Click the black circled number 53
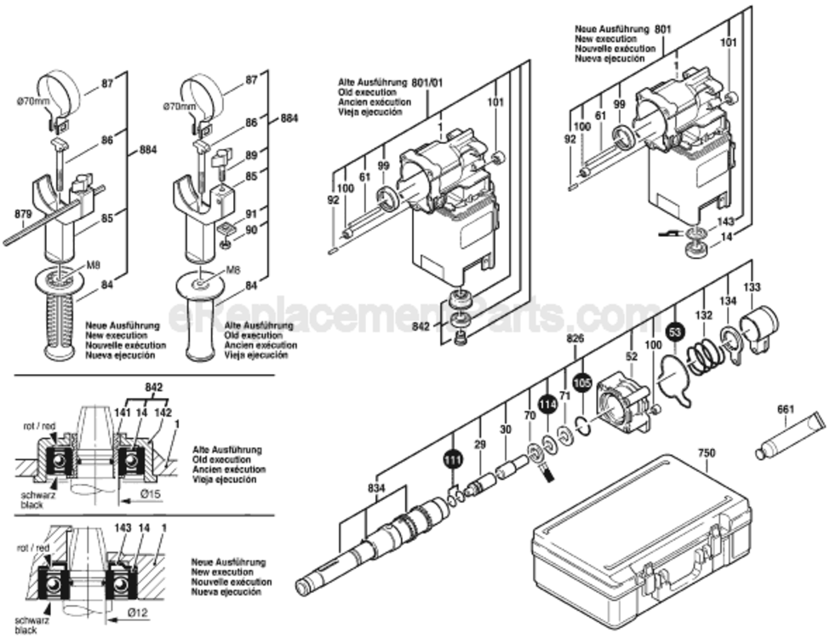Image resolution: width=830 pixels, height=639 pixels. click(x=674, y=330)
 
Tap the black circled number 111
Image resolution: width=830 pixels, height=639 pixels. click(x=452, y=459)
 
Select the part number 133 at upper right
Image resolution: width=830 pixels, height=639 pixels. click(x=753, y=287)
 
